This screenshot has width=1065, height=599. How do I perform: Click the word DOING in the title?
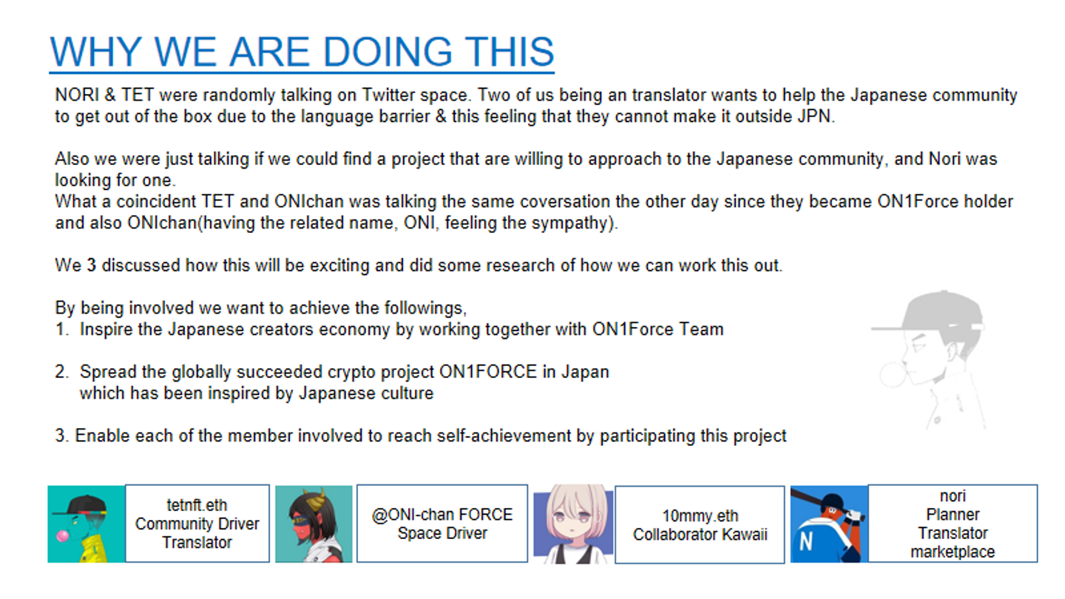387,52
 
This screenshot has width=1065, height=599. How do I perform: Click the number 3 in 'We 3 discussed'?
91,265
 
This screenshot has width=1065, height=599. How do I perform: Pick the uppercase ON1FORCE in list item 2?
488,372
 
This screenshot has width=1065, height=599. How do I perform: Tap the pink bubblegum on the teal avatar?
63,536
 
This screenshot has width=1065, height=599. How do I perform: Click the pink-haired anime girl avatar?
574,524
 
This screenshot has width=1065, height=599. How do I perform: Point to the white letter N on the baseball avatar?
805,541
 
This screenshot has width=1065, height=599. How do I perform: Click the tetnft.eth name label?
197,505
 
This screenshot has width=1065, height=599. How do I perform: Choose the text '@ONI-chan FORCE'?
442,515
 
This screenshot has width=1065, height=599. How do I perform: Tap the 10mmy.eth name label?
700,516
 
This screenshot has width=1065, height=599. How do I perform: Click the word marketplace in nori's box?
953,552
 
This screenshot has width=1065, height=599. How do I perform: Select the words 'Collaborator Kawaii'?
700,535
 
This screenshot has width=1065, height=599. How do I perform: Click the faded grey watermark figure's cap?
932,312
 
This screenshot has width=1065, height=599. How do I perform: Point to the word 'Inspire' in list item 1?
106,330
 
